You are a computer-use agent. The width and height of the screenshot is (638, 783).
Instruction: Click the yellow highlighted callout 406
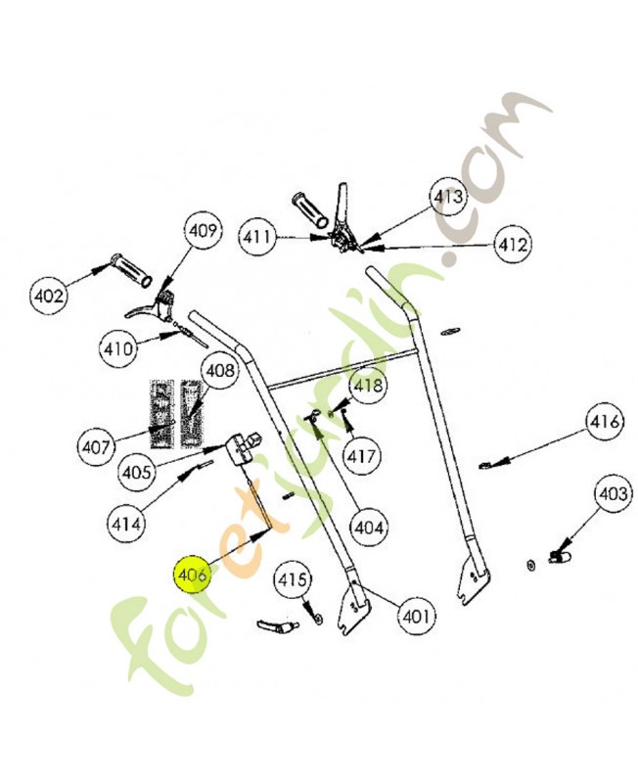(191, 576)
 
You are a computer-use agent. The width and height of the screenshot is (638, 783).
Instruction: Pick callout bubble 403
(613, 495)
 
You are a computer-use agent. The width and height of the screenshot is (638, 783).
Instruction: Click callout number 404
(369, 528)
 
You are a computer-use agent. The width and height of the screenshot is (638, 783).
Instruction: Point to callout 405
(137, 472)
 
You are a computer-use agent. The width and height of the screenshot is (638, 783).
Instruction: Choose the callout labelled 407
(96, 446)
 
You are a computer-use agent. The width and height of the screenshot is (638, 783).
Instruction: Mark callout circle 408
(220, 372)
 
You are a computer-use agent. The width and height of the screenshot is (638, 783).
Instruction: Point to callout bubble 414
(127, 524)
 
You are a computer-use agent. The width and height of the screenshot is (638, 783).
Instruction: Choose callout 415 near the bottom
(291, 580)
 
